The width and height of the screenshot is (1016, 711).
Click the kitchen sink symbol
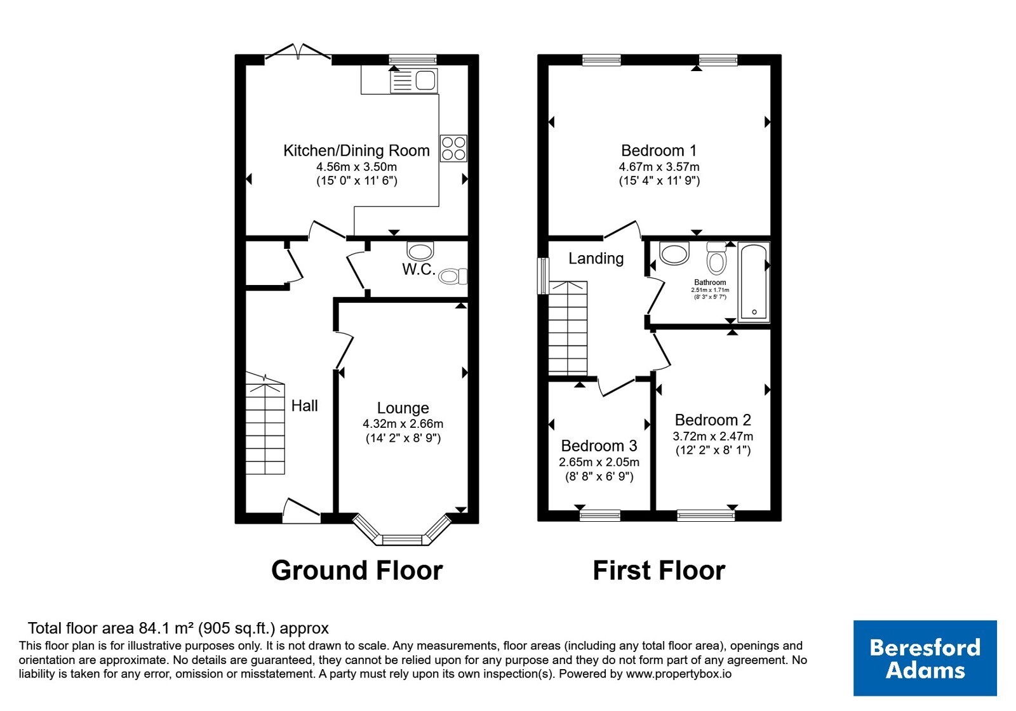point(413,81)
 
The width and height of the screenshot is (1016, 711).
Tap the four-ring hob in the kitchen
point(453,149)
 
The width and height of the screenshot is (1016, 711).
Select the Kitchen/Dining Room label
point(356,150)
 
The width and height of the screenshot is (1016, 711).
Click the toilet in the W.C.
point(453,276)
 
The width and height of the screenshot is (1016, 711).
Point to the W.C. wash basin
point(420,250)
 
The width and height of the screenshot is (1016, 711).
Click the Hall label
point(304,406)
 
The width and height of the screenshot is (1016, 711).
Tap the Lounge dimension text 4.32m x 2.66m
point(403,424)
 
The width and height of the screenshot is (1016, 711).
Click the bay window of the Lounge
point(403,529)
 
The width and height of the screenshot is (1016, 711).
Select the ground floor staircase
point(265,424)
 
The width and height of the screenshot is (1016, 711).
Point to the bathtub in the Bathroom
point(754,282)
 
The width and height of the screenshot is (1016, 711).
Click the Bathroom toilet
point(717,258)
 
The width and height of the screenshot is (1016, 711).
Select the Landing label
point(596,258)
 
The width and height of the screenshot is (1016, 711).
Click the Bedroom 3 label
point(599,446)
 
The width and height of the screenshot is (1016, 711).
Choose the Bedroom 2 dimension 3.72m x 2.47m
point(713,437)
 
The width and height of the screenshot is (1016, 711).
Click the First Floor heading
point(659,571)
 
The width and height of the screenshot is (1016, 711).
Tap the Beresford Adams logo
point(925,658)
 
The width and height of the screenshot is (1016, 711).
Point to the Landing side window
point(543,276)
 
